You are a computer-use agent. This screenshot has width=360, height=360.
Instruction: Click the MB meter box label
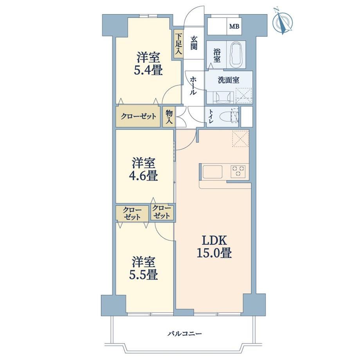pyautogui.click(x=234, y=26)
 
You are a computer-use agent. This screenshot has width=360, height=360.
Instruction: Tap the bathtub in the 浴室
pyautogui.click(x=236, y=54)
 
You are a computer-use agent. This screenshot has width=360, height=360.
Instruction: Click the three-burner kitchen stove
pyautogui.click(x=239, y=171)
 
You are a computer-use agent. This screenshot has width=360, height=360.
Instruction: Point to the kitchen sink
pyautogui.click(x=212, y=172)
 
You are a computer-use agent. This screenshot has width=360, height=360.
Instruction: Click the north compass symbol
pyautogui.click(x=282, y=21)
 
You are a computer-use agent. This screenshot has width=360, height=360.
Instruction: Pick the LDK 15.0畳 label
pyautogui.click(x=214, y=247)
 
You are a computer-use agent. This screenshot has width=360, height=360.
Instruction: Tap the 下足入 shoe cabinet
pyautogui.click(x=178, y=45)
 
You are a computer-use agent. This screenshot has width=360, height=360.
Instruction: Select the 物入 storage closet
pyautogui.click(x=169, y=117)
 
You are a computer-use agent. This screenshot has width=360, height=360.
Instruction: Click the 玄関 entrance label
pyautogui.click(x=194, y=43)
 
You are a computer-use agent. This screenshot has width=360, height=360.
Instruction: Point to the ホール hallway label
pyautogui.click(x=193, y=86)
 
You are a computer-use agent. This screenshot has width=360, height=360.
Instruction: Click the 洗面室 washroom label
pyautogui.click(x=229, y=80)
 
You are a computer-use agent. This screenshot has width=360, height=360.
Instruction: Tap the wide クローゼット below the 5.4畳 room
pyautogui.click(x=138, y=117)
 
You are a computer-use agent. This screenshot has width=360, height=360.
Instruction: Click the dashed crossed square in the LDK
pyautogui.click(x=240, y=139)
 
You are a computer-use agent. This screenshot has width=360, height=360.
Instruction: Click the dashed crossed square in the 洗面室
pyautogui.click(x=244, y=95)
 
